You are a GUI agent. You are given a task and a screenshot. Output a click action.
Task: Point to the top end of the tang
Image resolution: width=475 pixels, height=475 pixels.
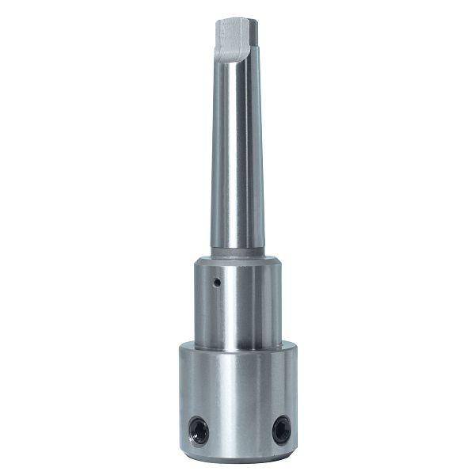[237, 20]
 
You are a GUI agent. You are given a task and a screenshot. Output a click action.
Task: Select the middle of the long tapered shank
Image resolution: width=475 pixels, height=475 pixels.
[237, 158]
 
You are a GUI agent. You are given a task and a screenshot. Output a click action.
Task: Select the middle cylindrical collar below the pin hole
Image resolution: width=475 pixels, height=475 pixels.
[237, 313]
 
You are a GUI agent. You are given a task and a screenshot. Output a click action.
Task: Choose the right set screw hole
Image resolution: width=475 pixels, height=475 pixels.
[280, 430]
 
